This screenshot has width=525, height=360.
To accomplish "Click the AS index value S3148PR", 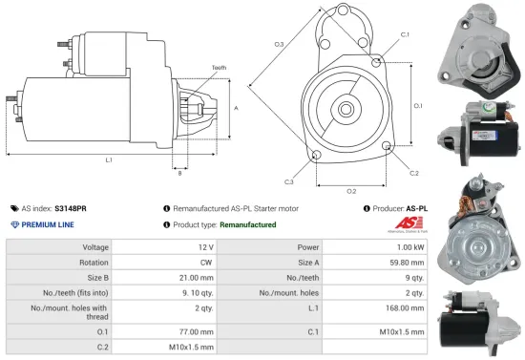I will coord(71,207).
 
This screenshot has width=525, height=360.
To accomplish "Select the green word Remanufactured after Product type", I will coord(247,224).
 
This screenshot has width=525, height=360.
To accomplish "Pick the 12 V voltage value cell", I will coord(204,247).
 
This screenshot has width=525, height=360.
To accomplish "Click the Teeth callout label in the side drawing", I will coord(220,68).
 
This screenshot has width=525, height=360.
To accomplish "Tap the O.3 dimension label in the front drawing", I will coord(279,44).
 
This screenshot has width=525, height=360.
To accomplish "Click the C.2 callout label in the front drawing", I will coord(413,173).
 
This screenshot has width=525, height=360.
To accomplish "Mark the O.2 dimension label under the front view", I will coord(350,191).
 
